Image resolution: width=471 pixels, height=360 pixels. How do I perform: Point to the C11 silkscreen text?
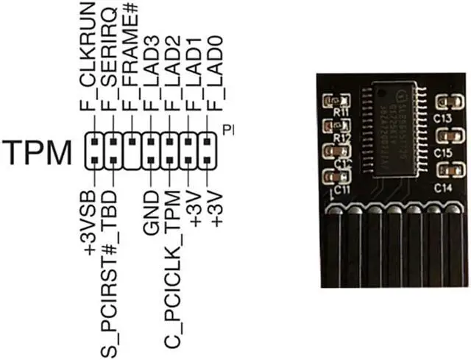[341, 189]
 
